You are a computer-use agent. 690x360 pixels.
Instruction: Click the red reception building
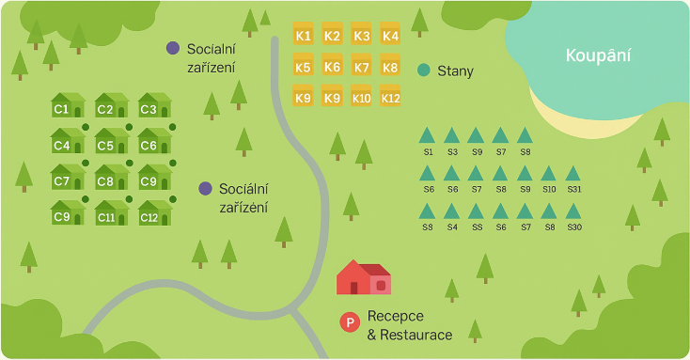tap(363, 278)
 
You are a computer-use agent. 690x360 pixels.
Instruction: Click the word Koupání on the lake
tap(598, 56)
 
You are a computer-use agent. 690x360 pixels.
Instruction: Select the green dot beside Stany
tap(423, 70)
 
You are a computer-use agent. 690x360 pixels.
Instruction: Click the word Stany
tap(455, 70)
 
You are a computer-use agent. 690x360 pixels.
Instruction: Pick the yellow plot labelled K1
tap(303, 36)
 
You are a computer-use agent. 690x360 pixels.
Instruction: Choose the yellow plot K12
tap(391, 97)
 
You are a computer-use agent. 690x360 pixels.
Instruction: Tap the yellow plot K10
tap(362, 97)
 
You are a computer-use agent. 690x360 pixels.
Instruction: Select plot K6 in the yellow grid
tap(332, 67)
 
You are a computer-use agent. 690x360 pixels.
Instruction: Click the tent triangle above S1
tap(428, 135)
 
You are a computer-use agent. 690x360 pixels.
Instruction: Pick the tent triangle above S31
tap(573, 173)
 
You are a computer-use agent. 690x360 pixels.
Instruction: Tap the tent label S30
tap(574, 227)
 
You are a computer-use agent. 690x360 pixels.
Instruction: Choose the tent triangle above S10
tap(549, 173)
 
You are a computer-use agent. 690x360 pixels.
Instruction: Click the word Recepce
tap(395, 316)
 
